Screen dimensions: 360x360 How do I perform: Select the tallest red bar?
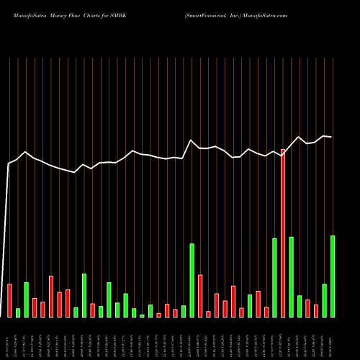tap(283, 233)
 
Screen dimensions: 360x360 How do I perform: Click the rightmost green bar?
tap(333, 276)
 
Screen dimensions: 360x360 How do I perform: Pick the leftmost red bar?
tap(9, 300)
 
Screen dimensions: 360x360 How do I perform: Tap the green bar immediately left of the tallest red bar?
tap(274, 277)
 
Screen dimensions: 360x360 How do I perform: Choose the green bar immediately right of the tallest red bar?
tap(291, 276)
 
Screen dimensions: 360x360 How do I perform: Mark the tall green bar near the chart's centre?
tap(192, 280)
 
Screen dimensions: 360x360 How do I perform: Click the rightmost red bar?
tap(316, 310)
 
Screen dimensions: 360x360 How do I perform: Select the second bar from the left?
tap(18, 312)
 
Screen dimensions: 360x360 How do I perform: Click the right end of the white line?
tap(332, 136)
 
